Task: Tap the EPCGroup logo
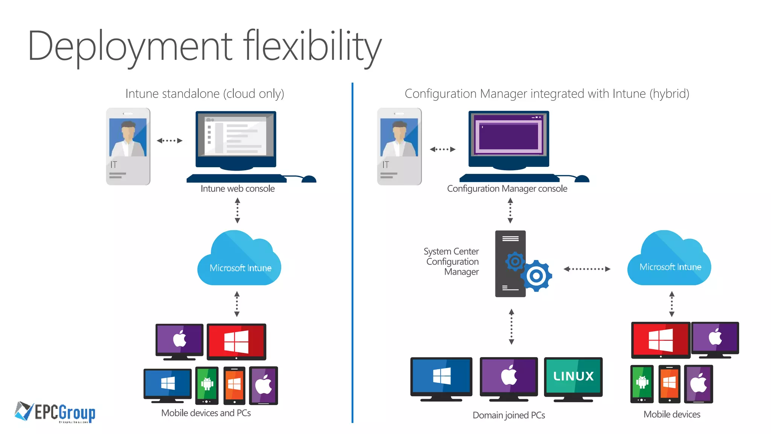click(x=55, y=412)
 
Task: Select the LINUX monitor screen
click(x=573, y=376)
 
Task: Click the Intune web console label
click(x=238, y=189)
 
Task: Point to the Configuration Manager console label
click(x=507, y=189)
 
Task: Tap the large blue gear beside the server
click(x=536, y=276)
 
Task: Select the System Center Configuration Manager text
click(x=452, y=261)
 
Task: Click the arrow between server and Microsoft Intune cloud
click(x=587, y=269)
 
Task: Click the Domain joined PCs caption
click(x=509, y=415)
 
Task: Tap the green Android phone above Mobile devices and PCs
click(x=207, y=384)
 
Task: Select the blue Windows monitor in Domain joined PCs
click(x=441, y=376)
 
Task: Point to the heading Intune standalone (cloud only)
click(x=204, y=93)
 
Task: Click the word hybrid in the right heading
click(x=669, y=93)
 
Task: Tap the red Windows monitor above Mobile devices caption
click(x=660, y=339)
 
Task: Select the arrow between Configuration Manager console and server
click(x=510, y=211)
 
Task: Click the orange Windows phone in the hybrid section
click(x=669, y=384)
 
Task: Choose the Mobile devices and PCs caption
click(x=206, y=413)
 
